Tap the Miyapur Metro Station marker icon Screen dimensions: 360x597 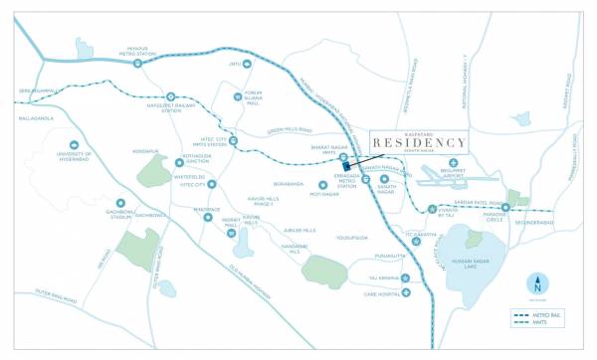[138, 64]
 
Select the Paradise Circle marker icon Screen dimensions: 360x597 [505, 207]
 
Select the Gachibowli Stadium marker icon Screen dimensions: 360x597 [120, 203]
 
